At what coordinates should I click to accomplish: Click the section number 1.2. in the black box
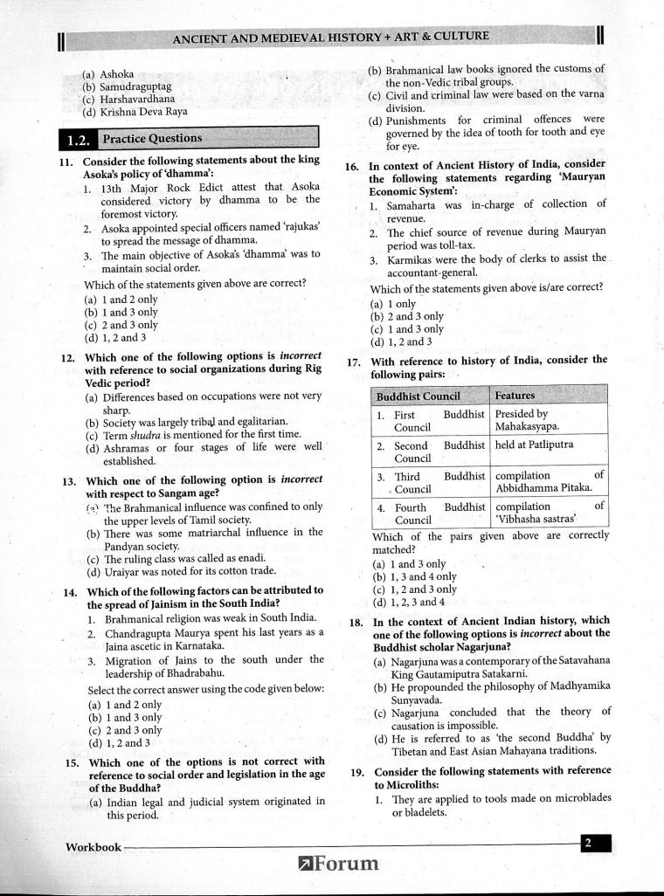click(79, 139)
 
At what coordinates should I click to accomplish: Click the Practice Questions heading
click(152, 138)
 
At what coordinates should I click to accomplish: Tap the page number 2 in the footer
click(588, 842)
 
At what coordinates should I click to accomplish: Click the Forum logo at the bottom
click(340, 864)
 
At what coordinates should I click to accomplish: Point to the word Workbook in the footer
click(93, 846)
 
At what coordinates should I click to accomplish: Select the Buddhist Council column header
click(418, 396)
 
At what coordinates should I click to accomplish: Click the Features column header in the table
click(515, 396)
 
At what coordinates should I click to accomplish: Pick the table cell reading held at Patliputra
click(534, 445)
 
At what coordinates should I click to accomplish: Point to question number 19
click(356, 772)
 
